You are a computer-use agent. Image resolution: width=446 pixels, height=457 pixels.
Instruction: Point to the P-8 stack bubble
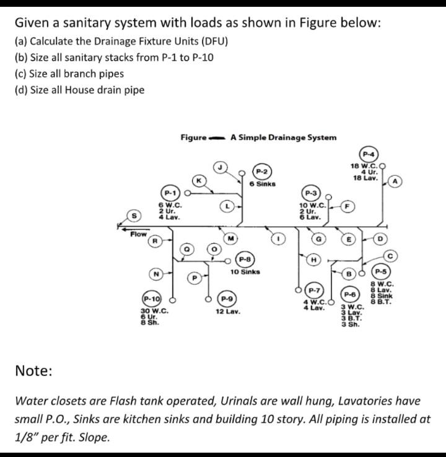point(245,259)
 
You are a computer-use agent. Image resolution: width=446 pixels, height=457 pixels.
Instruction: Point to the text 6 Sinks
point(262,184)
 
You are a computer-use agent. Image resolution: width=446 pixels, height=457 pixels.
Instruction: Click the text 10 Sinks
point(245,272)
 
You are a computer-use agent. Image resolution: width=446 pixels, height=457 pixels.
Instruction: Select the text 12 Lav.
point(228,311)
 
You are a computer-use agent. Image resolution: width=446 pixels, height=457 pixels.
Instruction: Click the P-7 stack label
point(315,290)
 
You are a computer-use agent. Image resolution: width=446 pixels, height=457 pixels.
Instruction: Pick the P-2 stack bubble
point(261,171)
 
